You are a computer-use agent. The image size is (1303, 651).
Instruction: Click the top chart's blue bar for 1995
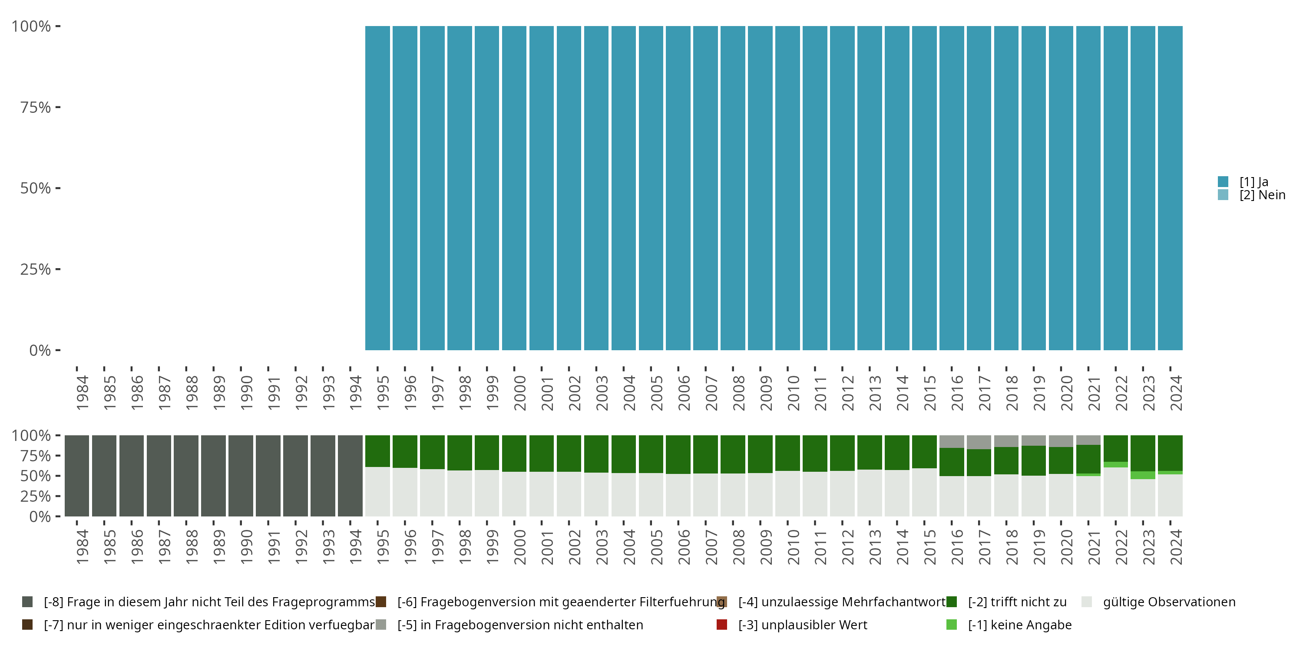tap(377, 188)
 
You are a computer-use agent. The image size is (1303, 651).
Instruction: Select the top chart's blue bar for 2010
tap(787, 188)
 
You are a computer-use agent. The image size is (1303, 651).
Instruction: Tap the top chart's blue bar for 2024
tap(1170, 188)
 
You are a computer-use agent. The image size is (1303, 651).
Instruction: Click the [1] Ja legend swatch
tap(1223, 181)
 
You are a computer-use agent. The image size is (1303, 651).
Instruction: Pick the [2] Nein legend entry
tap(1262, 195)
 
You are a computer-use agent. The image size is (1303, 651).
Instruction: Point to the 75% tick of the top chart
tap(58, 107)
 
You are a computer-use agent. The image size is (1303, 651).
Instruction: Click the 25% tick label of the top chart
tap(36, 270)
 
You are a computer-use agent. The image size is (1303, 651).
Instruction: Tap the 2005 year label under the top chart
tap(656, 393)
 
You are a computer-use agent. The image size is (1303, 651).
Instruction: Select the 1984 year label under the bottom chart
tap(82, 547)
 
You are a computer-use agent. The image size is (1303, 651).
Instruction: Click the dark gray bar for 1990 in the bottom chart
tap(241, 476)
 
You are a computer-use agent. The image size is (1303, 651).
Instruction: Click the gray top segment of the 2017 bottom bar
tap(979, 442)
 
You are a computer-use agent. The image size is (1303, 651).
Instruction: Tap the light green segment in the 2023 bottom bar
tap(1143, 475)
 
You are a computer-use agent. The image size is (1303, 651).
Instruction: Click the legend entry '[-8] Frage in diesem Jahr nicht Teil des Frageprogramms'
tap(209, 602)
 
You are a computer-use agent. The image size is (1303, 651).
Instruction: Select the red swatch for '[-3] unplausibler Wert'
tap(722, 625)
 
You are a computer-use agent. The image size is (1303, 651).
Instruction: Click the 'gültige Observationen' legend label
tap(1168, 602)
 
